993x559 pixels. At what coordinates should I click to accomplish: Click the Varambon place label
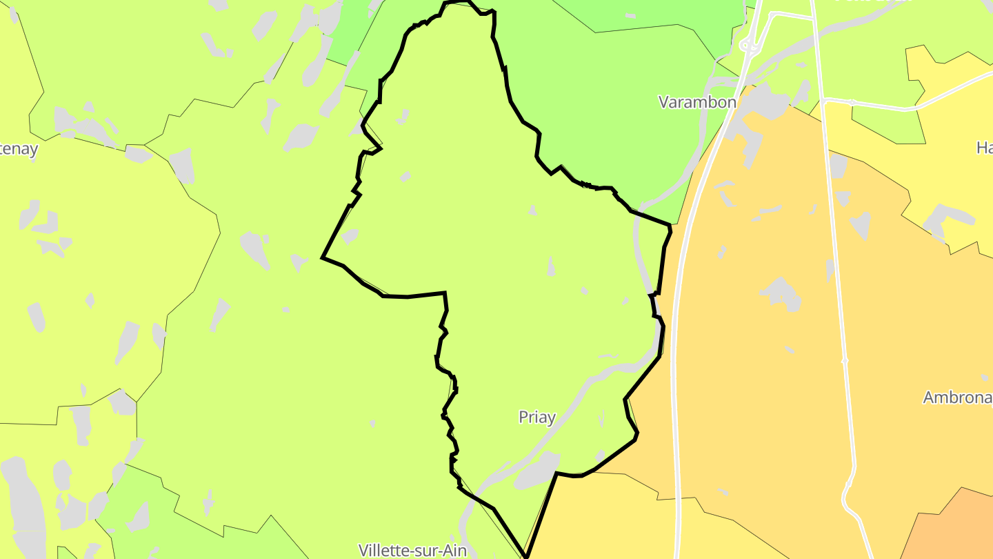tap(697, 102)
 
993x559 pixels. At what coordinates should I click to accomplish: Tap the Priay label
tap(536, 417)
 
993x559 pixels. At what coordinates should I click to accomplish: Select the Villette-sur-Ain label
tap(412, 550)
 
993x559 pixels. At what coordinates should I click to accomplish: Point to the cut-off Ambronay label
tap(957, 398)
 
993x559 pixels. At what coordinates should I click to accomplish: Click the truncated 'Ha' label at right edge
tap(984, 147)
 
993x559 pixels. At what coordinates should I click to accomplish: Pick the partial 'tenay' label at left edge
tap(19, 149)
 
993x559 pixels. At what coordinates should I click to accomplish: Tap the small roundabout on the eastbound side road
tap(852, 102)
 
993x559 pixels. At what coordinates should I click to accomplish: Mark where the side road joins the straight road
tap(823, 100)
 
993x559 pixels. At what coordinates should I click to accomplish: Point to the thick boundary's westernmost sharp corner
tap(323, 258)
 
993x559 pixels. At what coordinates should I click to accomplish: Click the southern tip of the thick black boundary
tap(525, 556)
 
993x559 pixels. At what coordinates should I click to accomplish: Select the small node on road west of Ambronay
tap(845, 360)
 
